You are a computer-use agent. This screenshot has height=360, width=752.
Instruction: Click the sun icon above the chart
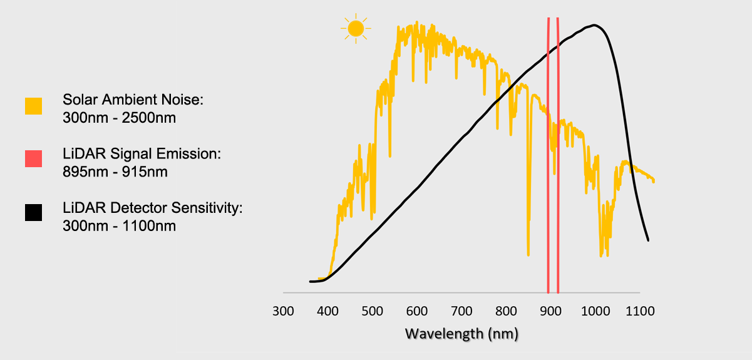tap(356, 28)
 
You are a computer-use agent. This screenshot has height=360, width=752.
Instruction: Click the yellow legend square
tap(34, 106)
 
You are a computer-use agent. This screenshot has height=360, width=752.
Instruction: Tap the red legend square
tap(34, 159)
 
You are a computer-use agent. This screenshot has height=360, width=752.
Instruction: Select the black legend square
tap(34, 213)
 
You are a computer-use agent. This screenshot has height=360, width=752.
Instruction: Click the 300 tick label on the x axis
tap(283, 311)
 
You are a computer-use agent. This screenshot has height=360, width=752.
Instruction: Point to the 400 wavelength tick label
tap(327, 311)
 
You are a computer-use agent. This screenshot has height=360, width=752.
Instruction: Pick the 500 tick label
tap(372, 311)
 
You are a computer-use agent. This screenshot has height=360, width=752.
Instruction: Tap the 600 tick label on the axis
tap(416, 311)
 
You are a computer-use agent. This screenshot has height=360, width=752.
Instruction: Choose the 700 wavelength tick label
tap(461, 311)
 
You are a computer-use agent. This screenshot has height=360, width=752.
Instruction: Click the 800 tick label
tap(506, 311)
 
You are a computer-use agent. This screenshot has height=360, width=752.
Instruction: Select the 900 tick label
tap(550, 311)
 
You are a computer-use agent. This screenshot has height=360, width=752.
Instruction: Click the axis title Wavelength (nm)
tap(462, 334)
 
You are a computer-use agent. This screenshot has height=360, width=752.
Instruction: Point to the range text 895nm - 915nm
tap(115, 172)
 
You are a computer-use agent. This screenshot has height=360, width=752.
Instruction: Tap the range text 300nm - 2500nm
tap(118, 118)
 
